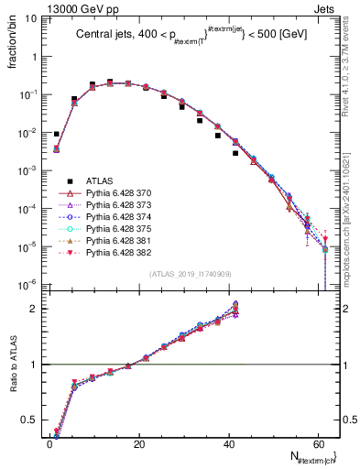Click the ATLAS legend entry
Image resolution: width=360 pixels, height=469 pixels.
pos(101,182)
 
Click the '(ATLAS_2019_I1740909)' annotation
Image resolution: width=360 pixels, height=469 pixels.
pos(179,274)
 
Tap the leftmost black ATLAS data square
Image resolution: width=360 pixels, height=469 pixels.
pos(56,134)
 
